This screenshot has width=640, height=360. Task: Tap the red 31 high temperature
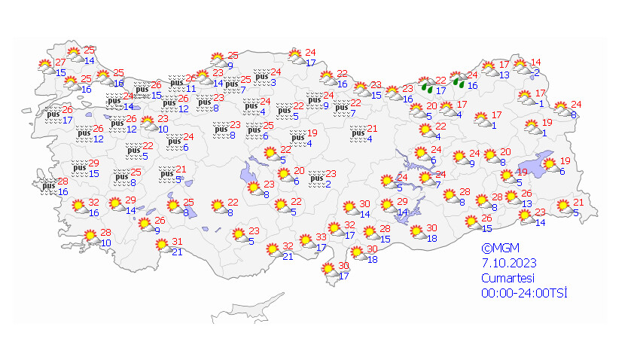[178, 242]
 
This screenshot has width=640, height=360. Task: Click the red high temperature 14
[536, 63]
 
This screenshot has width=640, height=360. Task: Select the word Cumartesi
[507, 277]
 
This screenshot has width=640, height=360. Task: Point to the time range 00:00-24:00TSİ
[525, 291]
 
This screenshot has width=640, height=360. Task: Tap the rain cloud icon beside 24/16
[460, 81]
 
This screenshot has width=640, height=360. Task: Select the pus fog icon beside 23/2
[318, 180]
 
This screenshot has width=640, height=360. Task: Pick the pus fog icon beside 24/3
[263, 77]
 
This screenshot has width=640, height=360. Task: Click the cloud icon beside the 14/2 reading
[520, 69]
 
